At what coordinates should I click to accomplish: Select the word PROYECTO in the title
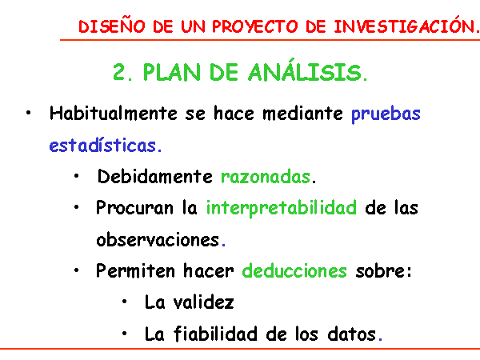click(x=255, y=26)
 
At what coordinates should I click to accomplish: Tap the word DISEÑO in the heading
click(x=112, y=26)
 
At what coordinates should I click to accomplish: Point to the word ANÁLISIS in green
click(x=306, y=70)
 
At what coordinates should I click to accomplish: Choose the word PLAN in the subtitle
click(x=172, y=73)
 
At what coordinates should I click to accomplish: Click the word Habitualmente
click(x=114, y=114)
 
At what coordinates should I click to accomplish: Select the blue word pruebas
click(x=386, y=114)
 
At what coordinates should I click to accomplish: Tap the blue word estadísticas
click(x=103, y=145)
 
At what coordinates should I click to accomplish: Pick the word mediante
click(x=302, y=114)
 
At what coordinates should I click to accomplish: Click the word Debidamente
click(x=155, y=176)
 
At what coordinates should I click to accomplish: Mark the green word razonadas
click(x=266, y=177)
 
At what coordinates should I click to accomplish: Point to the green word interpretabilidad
click(x=282, y=208)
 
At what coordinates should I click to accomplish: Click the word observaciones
click(x=158, y=239)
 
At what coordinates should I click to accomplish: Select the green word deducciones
click(x=294, y=270)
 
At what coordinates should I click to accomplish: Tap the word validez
click(x=203, y=302)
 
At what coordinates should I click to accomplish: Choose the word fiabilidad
click(x=215, y=334)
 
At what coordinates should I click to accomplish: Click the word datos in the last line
click(x=352, y=334)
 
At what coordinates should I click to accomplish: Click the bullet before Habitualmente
click(x=29, y=113)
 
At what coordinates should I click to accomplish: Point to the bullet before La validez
click(x=124, y=302)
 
